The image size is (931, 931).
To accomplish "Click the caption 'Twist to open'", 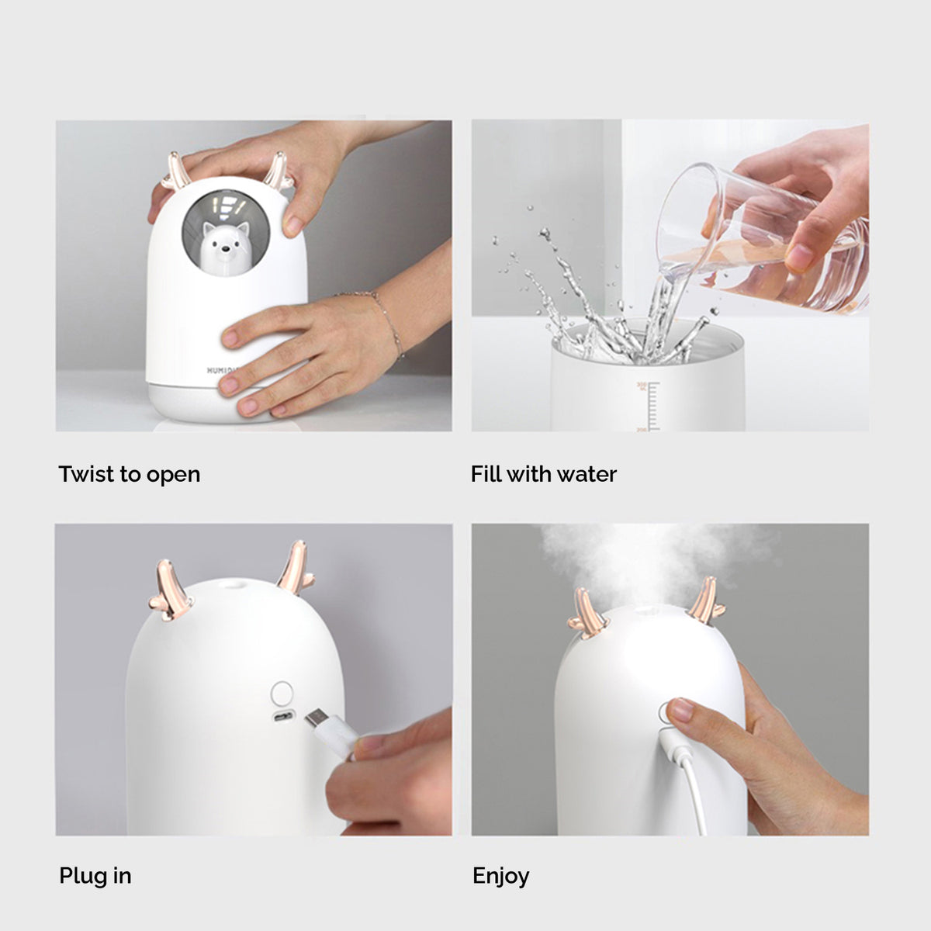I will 130,474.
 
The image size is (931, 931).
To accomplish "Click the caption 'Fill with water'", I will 543,474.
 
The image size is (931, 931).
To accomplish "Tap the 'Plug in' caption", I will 95,876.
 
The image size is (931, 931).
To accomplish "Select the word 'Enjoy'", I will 500,876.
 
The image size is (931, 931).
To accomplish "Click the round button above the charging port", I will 282,691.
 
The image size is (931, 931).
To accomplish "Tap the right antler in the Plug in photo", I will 296,567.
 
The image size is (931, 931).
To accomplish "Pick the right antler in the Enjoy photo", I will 707,602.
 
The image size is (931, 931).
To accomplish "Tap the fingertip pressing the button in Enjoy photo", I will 679,708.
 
